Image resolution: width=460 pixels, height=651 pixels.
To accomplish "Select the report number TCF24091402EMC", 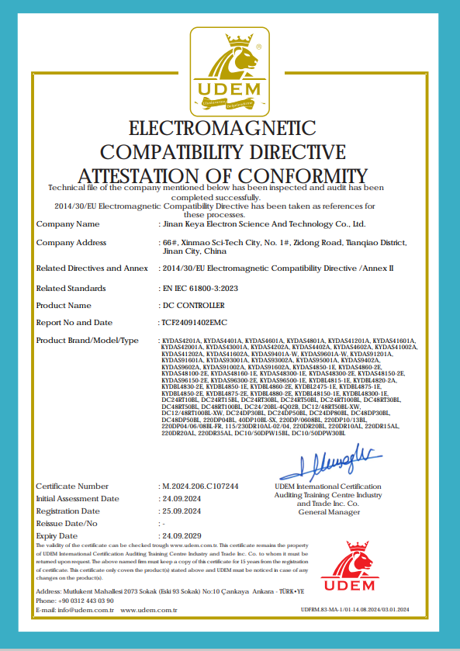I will [x=192, y=322].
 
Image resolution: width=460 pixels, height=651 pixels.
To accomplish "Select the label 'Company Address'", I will [x=71, y=243].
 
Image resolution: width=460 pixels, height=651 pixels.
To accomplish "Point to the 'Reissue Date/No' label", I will [x=71, y=524].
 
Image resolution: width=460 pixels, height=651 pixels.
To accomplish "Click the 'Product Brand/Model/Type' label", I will [x=87, y=341].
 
